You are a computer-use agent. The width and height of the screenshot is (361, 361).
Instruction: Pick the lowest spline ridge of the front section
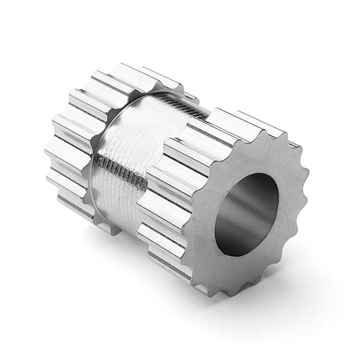tap(174, 265)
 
